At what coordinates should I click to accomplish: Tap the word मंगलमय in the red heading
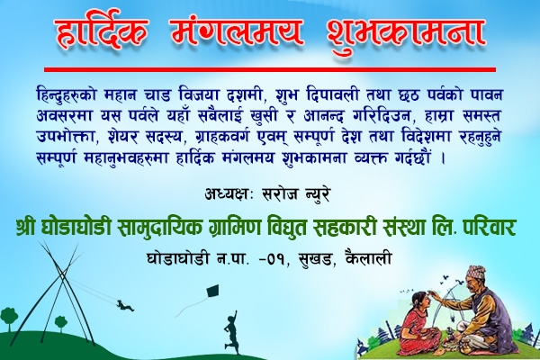click(237, 31)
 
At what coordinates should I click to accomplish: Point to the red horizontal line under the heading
click(270, 69)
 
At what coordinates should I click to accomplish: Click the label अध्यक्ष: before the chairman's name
click(229, 194)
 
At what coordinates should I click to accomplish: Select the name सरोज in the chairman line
click(280, 194)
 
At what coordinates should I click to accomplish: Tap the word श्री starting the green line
click(25, 227)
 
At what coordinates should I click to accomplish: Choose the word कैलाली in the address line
click(368, 258)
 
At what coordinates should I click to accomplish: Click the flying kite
click(212, 292)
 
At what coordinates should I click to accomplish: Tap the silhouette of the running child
click(231, 332)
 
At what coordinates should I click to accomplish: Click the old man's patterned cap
click(476, 271)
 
